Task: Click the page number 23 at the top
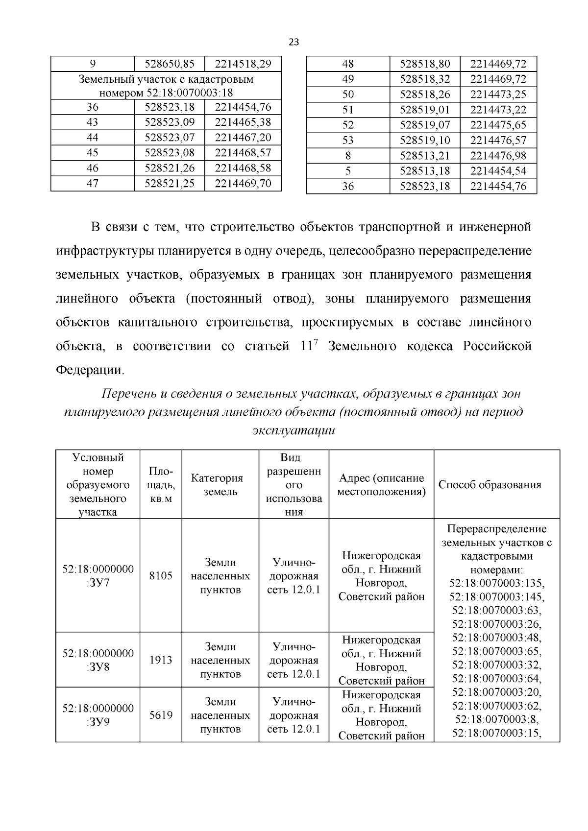pyautogui.click(x=294, y=42)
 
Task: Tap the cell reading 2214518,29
pyautogui.click(x=243, y=64)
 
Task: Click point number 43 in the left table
pyautogui.click(x=92, y=122)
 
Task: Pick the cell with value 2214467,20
pyautogui.click(x=243, y=137)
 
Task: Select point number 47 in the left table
pyautogui.click(x=92, y=183)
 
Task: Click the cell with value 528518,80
pyautogui.click(x=425, y=64)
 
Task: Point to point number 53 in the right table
pyautogui.click(x=347, y=141)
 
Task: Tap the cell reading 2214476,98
pyautogui.click(x=498, y=156)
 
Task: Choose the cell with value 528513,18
pyautogui.click(x=425, y=171)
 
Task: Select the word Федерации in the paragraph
pyautogui.click(x=90, y=370)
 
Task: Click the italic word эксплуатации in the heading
pyautogui.click(x=294, y=430)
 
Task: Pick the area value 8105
pyautogui.click(x=161, y=575)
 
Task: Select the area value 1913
pyautogui.click(x=161, y=660)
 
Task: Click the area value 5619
pyautogui.click(x=161, y=715)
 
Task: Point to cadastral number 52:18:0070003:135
pyautogui.click(x=496, y=583)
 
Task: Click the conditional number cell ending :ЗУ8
pyautogui.click(x=98, y=660)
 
